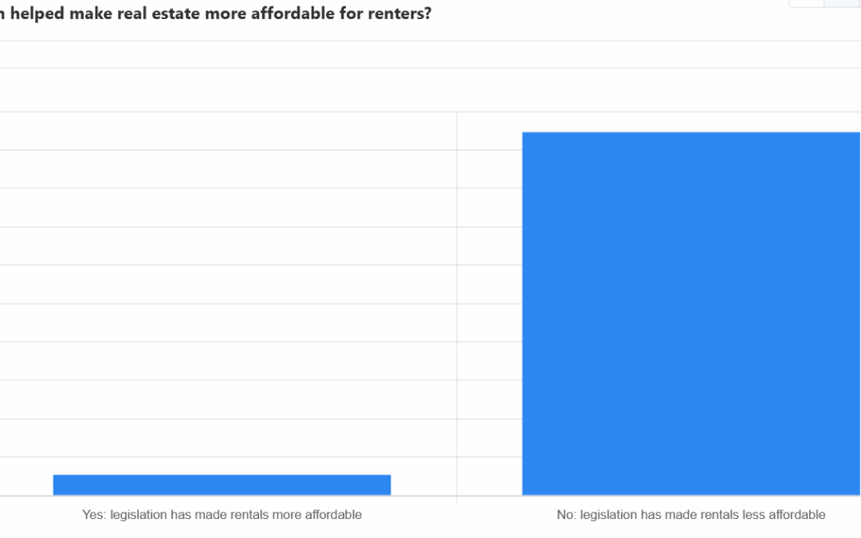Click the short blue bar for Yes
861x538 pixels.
click(222, 485)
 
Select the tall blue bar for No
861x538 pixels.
click(691, 313)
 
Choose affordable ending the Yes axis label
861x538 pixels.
click(334, 515)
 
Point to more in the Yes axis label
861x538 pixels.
click(289, 515)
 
